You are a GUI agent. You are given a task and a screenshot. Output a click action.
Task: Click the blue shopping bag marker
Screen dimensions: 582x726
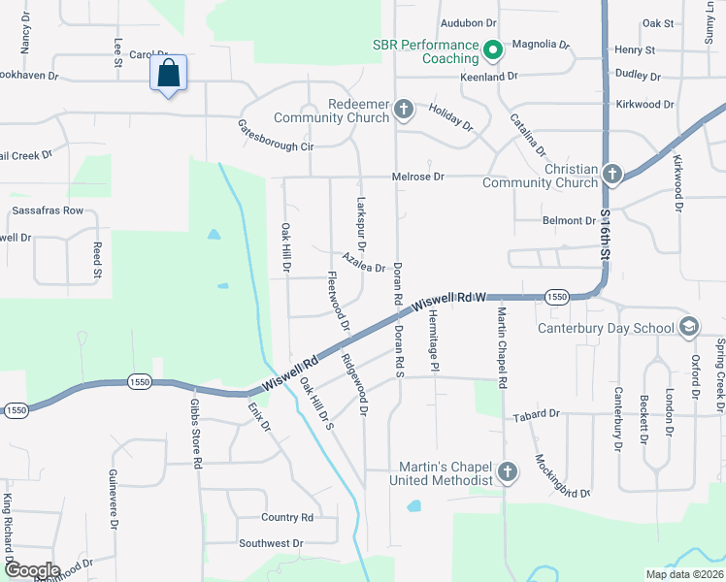[x=169, y=74]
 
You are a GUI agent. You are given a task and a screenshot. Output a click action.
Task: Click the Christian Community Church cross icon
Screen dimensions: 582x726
[x=611, y=174]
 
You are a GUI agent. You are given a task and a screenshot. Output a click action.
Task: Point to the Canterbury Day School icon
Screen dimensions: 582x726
[x=689, y=326]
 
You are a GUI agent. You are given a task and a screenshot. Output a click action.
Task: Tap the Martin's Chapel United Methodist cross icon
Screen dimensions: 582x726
[x=506, y=471]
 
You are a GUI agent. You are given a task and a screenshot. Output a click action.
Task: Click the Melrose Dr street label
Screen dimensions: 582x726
[x=417, y=177]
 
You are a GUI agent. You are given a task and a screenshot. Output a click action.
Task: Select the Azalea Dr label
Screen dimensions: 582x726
[x=364, y=263]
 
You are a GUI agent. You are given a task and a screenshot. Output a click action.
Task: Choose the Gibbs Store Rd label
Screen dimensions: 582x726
[x=195, y=433]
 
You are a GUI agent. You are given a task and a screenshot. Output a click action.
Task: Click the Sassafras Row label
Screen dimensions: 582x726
[x=41, y=210]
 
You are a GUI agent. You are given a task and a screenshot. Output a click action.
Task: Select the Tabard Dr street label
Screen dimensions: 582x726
[x=537, y=414]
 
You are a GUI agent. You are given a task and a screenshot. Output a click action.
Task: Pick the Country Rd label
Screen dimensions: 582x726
[x=287, y=518]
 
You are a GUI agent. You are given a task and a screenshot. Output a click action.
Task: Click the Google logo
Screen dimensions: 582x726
[x=32, y=570]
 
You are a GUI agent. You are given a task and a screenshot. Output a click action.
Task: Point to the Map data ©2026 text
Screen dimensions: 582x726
[x=683, y=574]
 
